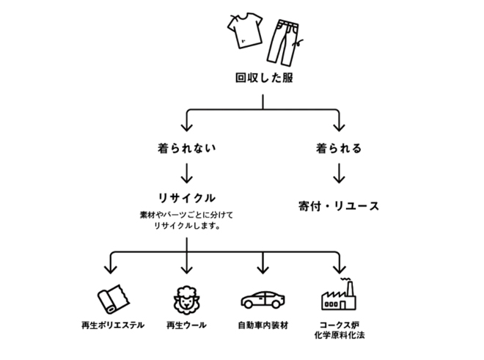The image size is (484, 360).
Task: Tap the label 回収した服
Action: (x=263, y=78)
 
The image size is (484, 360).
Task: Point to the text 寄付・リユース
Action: (x=339, y=205)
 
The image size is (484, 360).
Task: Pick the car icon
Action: (x=263, y=301)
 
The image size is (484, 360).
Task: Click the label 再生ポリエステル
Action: (x=112, y=325)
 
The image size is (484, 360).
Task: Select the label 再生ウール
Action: (x=186, y=325)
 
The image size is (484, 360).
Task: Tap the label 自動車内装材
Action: (x=263, y=325)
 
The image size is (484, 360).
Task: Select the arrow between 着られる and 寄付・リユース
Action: (x=338, y=174)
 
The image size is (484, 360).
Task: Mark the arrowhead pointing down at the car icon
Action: (x=263, y=268)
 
